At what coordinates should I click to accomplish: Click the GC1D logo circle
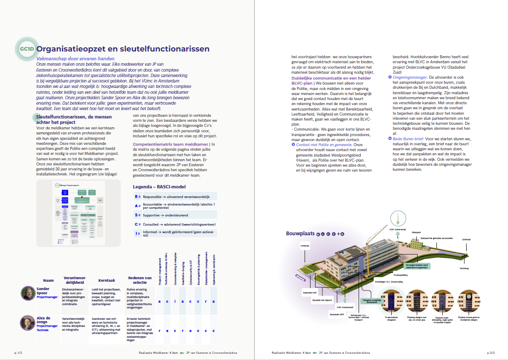click(25, 49)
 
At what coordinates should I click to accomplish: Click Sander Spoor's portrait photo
click(28, 293)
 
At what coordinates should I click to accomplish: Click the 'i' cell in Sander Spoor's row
click(176, 301)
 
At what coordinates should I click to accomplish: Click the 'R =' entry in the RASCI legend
click(137, 196)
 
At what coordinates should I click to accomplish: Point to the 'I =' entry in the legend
click(137, 234)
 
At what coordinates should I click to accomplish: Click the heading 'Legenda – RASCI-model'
click(159, 187)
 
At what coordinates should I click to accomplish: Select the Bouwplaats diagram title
click(300, 234)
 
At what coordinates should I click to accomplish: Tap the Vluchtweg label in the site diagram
click(464, 267)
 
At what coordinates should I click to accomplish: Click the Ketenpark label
click(416, 231)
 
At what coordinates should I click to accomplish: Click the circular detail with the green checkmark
click(469, 300)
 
